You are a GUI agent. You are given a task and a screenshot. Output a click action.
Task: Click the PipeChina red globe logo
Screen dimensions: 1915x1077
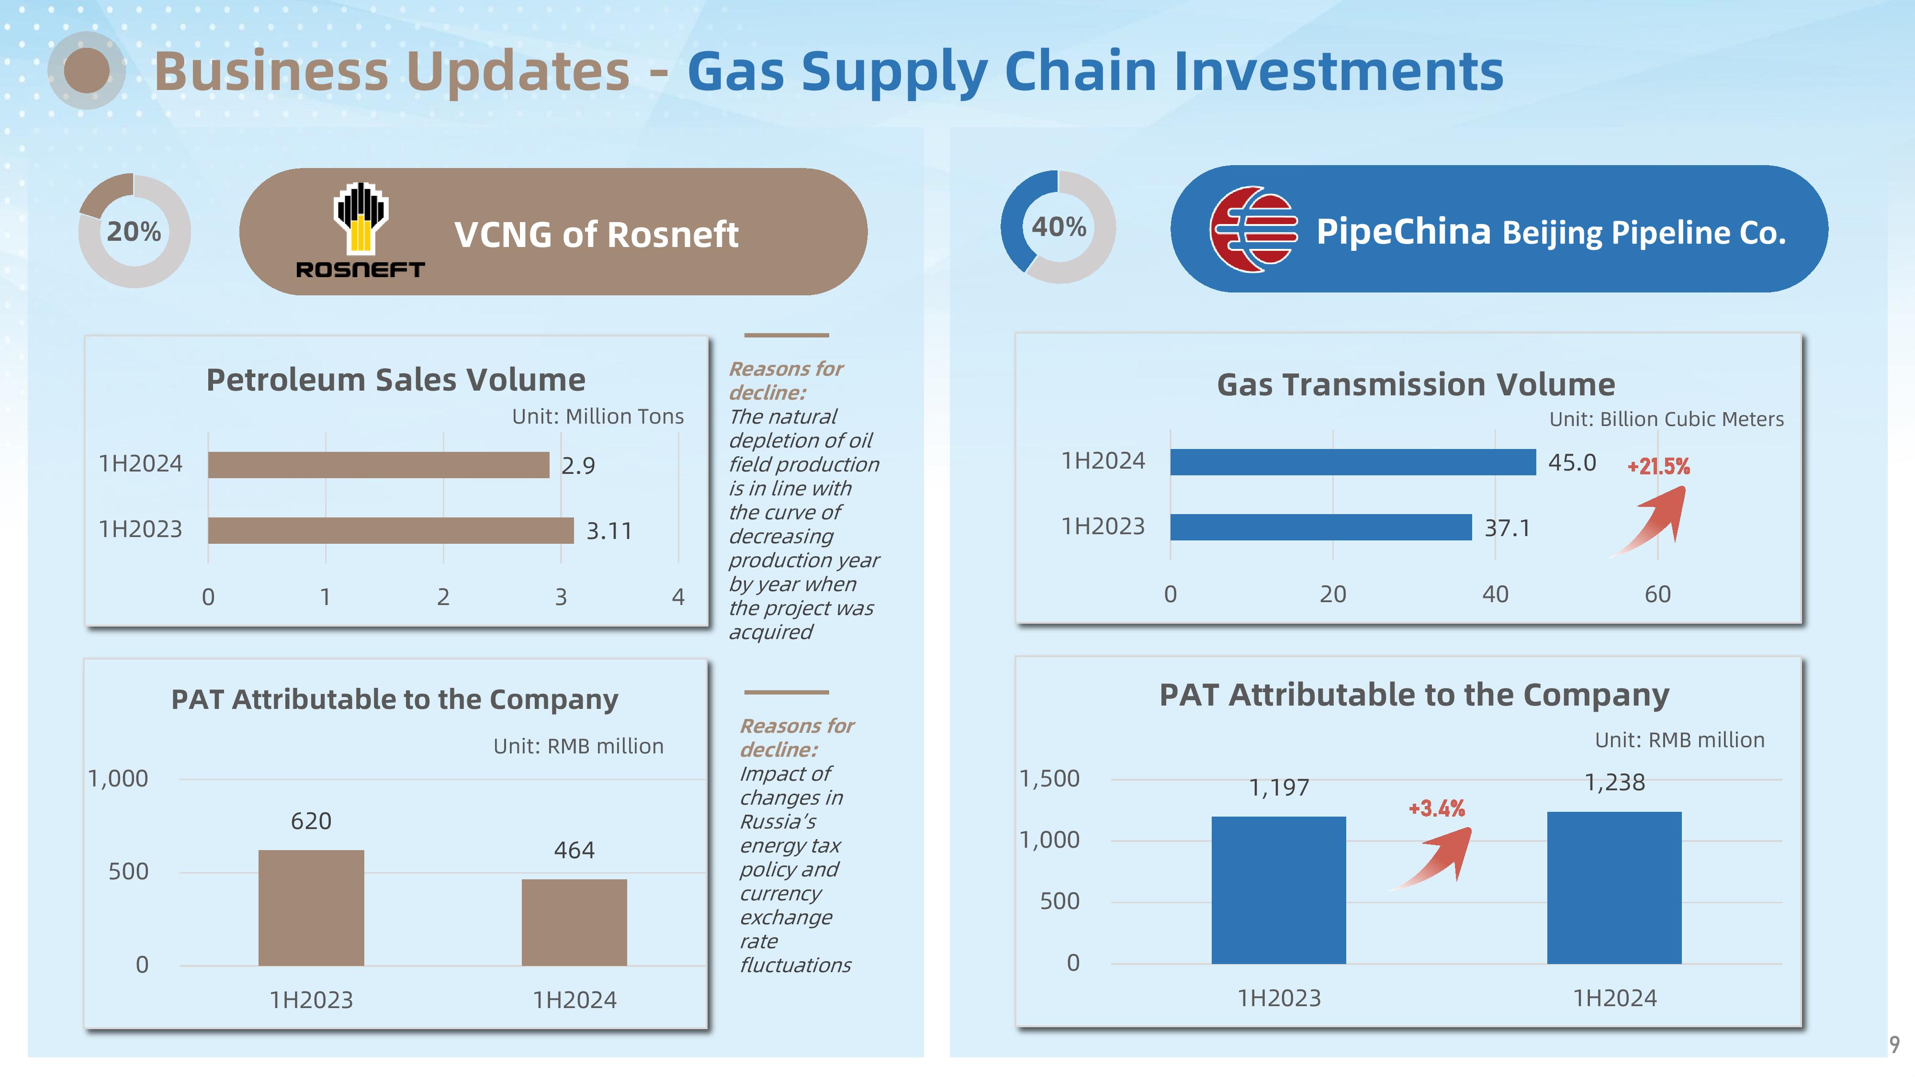(x=1253, y=230)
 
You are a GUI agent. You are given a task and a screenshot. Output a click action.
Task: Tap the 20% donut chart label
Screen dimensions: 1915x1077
(x=134, y=231)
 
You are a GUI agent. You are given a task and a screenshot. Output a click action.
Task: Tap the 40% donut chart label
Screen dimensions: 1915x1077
(x=1059, y=227)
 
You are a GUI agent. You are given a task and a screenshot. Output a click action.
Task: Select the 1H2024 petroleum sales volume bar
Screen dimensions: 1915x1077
(x=378, y=464)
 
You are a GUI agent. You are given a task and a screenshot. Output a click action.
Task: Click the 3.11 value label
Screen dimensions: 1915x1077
(x=609, y=531)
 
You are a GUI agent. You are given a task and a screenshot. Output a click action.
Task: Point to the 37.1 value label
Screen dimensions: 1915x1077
(x=1508, y=527)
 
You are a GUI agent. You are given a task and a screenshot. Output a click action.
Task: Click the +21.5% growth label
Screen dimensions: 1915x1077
(x=1658, y=467)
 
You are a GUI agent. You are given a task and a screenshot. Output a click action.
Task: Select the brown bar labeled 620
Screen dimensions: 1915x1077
(x=312, y=908)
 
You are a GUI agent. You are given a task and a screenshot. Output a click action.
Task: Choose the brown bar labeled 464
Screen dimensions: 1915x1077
(x=574, y=922)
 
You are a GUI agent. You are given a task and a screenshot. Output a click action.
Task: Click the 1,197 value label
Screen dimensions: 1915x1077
(x=1279, y=787)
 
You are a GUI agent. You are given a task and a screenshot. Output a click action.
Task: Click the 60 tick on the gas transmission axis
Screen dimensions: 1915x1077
(x=1658, y=594)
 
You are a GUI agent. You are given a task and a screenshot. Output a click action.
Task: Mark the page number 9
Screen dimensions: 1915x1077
(x=1894, y=1044)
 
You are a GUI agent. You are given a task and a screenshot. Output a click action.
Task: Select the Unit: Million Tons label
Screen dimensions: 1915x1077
(x=597, y=416)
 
